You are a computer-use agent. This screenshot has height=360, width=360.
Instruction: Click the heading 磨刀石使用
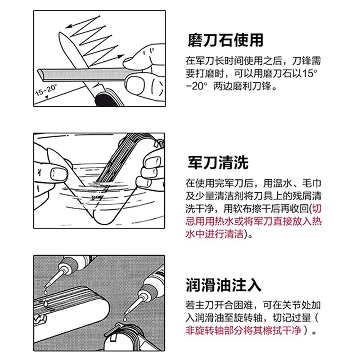point(225,40)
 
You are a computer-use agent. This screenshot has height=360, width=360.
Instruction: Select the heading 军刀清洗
point(218,162)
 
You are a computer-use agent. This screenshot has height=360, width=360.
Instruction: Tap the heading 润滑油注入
point(223,285)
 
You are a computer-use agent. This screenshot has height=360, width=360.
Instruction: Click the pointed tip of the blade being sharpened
point(60,33)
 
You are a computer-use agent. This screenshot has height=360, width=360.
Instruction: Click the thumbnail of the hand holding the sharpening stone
point(136,84)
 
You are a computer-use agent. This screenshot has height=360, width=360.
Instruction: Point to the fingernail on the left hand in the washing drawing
point(59,174)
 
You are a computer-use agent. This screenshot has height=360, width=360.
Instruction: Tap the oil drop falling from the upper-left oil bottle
point(46,292)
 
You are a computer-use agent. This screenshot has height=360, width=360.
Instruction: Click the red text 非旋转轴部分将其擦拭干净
point(243,330)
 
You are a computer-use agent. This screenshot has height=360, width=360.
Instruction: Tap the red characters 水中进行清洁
point(215,234)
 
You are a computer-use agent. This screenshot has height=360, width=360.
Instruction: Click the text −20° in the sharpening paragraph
point(197,86)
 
